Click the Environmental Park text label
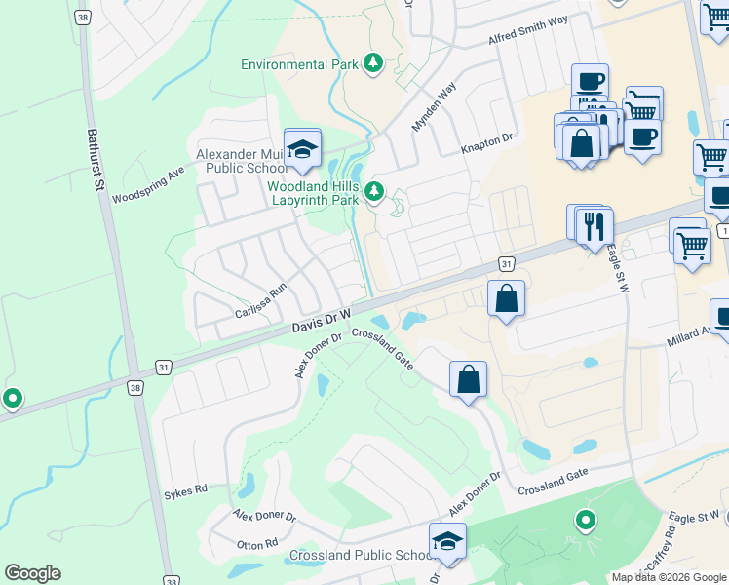click(x=297, y=64)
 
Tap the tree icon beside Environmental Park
click(x=372, y=64)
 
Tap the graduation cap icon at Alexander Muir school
click(x=303, y=148)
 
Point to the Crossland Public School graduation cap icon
click(x=447, y=542)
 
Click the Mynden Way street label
click(x=434, y=107)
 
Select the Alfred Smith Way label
click(x=527, y=31)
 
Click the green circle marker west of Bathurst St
click(x=13, y=398)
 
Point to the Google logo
click(x=32, y=573)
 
